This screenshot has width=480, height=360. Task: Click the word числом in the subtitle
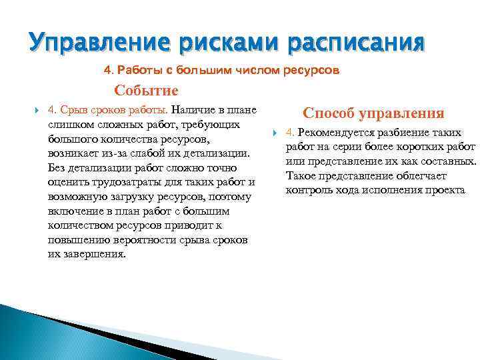click(x=253, y=70)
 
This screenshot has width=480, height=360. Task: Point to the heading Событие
click(x=146, y=91)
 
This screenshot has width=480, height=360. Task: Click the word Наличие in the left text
click(x=197, y=109)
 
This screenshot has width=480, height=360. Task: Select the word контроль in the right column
click(x=308, y=191)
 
